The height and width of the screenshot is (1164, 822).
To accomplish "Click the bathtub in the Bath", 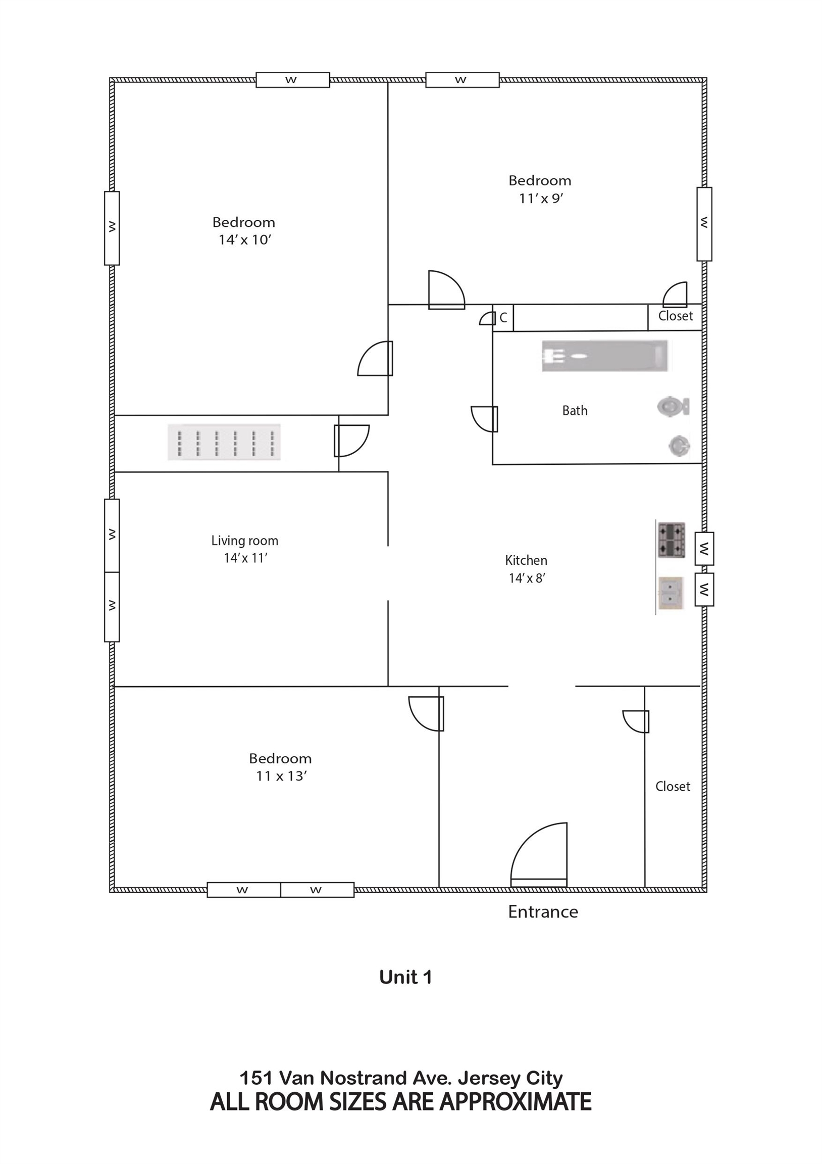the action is (x=604, y=355).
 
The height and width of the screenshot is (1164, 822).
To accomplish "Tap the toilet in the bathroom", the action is (x=673, y=407).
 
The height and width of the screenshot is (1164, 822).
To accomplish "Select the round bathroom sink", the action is (x=679, y=446).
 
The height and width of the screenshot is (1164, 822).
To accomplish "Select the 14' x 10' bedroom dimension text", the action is (x=245, y=240).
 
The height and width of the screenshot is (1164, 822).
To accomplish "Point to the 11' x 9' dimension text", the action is (x=541, y=198).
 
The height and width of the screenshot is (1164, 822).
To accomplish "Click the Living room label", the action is (x=245, y=541).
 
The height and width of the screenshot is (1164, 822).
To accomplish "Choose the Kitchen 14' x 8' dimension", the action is (x=527, y=578).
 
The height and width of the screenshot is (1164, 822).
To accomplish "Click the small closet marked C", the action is (x=503, y=318).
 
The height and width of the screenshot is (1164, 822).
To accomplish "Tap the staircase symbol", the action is (x=224, y=443).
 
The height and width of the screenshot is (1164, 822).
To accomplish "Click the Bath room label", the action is (x=575, y=411).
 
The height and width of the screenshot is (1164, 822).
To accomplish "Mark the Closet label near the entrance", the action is (x=673, y=786).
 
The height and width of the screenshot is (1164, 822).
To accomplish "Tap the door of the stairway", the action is (x=351, y=441).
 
